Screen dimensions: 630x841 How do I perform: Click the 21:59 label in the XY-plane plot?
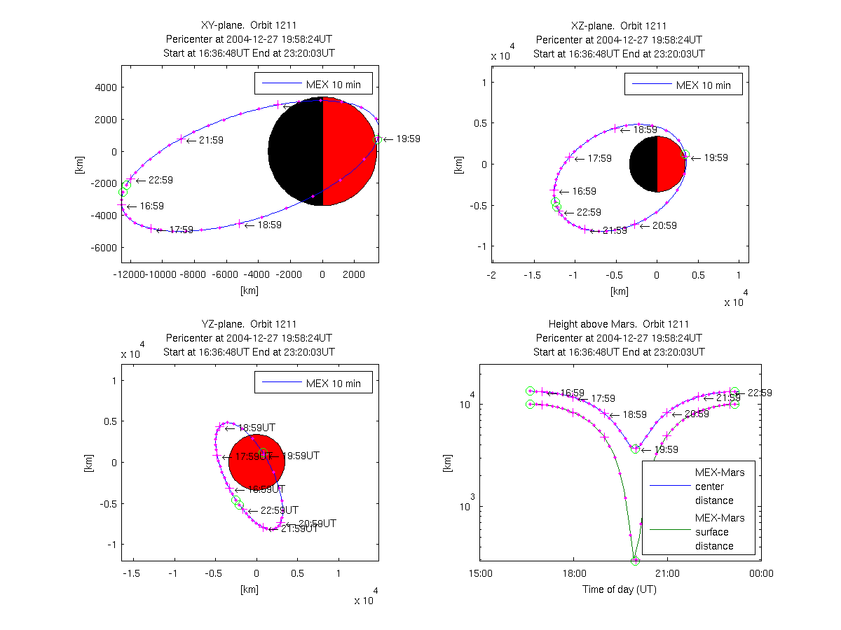coord(210,140)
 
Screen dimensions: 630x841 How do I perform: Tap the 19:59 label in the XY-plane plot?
coord(408,139)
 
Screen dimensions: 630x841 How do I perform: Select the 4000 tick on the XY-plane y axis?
coord(106,87)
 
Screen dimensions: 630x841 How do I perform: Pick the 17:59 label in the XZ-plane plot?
coord(599,159)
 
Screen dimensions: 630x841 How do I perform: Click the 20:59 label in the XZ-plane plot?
coord(664,225)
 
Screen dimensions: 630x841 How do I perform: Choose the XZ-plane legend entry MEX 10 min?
coord(703,85)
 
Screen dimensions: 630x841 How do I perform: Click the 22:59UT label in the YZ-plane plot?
coord(279,510)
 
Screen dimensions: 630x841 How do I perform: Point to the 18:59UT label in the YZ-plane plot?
coord(256,428)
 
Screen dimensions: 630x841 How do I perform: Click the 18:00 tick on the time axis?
coord(573,573)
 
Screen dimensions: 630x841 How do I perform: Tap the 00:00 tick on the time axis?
coord(761,573)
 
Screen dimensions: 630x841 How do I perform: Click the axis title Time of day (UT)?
coord(620,589)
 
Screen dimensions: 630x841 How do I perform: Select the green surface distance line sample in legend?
coord(668,532)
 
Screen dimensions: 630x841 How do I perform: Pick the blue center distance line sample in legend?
coord(668,486)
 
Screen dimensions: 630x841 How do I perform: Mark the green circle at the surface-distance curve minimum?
coord(636,561)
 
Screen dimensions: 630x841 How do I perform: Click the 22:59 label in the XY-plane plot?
coord(160,180)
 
